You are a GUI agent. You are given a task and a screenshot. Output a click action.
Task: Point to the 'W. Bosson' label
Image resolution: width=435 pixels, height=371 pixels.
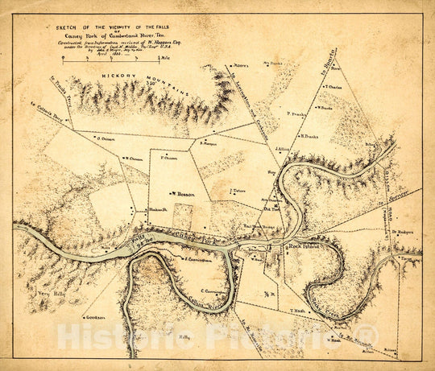(x=184, y=193)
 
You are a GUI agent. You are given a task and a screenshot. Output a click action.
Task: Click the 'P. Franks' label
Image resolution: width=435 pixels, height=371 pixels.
(x=299, y=114)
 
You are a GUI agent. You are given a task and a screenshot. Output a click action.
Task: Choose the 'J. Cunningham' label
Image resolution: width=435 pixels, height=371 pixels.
(x=197, y=260)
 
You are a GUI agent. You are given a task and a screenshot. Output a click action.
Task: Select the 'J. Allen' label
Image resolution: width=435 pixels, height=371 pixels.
(x=283, y=149)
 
